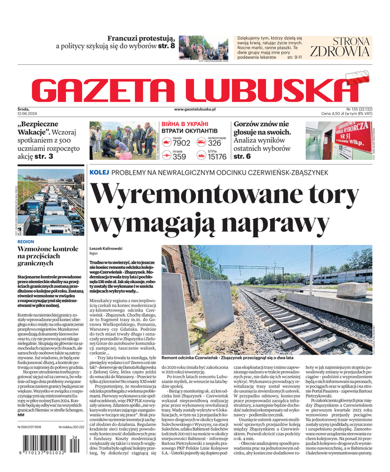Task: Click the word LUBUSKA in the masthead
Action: tap(274, 89)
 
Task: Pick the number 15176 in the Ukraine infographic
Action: tap(217, 156)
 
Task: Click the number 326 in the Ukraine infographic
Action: tap(215, 143)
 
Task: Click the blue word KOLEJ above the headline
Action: tap(100, 172)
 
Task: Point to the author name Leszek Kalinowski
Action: tap(109, 248)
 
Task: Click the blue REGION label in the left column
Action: tap(26, 242)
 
